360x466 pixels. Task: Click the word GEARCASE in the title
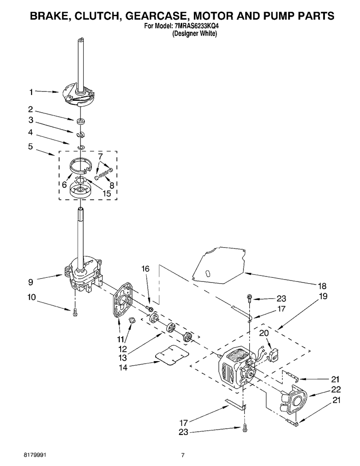tap(154, 16)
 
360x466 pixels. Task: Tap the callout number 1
tap(31, 92)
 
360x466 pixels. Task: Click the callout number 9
tap(31, 282)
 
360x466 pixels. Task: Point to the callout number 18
tap(322, 286)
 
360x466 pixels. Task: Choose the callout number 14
tap(123, 368)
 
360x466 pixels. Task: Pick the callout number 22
tap(336, 389)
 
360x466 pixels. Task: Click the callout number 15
tap(106, 194)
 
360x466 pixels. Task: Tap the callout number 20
tap(264, 333)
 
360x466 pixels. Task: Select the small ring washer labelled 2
tap(80, 121)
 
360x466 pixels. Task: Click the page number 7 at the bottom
tap(183, 455)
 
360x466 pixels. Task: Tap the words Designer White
tap(195, 34)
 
